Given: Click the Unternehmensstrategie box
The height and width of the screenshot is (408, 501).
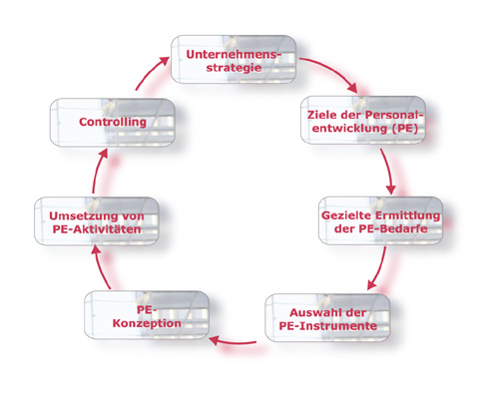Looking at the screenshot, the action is [x=234, y=59].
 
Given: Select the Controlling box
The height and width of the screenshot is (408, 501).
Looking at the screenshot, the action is [x=113, y=122].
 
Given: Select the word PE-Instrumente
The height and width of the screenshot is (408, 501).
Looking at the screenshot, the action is [x=328, y=326].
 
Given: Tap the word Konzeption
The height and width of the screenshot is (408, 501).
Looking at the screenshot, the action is [x=147, y=323].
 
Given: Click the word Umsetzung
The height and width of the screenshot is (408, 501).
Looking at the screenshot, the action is [x=78, y=216].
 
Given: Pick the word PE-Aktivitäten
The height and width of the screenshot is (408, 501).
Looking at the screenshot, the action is [x=97, y=229].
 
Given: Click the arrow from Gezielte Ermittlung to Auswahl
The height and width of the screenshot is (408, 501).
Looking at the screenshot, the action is [x=380, y=268].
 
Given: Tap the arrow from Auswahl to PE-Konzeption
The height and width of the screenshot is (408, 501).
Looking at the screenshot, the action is [x=233, y=341].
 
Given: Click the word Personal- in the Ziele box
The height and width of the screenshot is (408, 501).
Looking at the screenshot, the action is [x=394, y=115].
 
